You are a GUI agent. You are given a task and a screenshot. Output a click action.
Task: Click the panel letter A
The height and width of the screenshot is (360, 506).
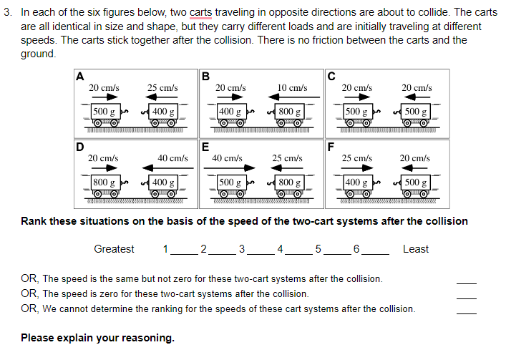79,74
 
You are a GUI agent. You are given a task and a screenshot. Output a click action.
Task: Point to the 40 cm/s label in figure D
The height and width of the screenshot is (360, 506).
172,157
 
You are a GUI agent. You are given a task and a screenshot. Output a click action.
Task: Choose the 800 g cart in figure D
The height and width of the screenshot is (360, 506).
104,184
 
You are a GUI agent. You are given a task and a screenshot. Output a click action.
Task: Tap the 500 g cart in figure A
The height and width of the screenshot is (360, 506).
104,114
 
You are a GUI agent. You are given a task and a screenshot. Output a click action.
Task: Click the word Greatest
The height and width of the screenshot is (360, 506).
114,249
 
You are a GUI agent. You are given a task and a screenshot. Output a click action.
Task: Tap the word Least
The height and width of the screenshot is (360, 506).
415,249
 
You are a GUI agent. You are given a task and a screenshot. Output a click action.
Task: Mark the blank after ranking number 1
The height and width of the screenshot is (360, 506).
182,250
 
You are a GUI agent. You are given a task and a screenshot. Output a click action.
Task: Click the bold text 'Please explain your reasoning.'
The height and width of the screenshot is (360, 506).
97,338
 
